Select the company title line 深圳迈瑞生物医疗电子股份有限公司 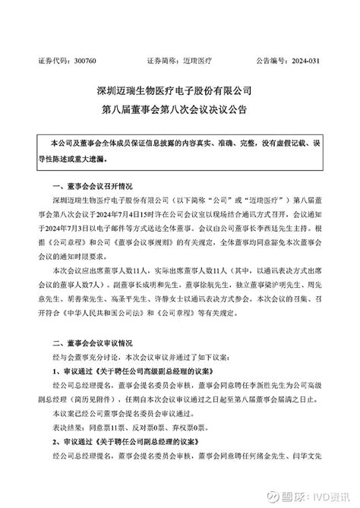coord(179,90)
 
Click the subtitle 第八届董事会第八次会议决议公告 coord(179,109)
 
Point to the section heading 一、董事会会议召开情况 coord(90,185)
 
